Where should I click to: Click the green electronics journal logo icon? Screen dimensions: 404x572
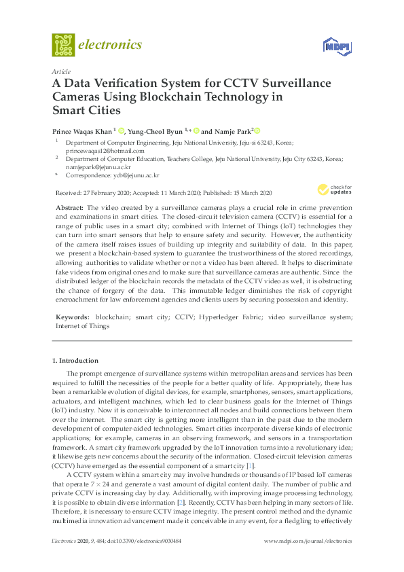[63, 45]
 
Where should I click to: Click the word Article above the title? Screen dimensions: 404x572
[60, 71]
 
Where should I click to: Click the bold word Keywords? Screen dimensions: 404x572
[73, 317]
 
